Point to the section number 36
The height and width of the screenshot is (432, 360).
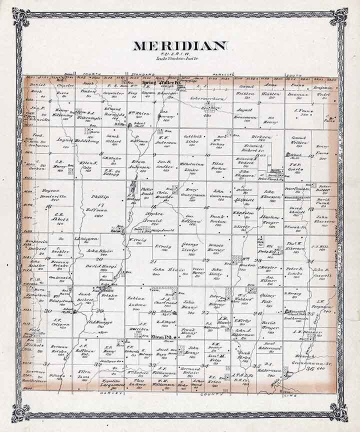click(309, 369)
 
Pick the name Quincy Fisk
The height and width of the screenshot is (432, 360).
click(268, 299)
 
